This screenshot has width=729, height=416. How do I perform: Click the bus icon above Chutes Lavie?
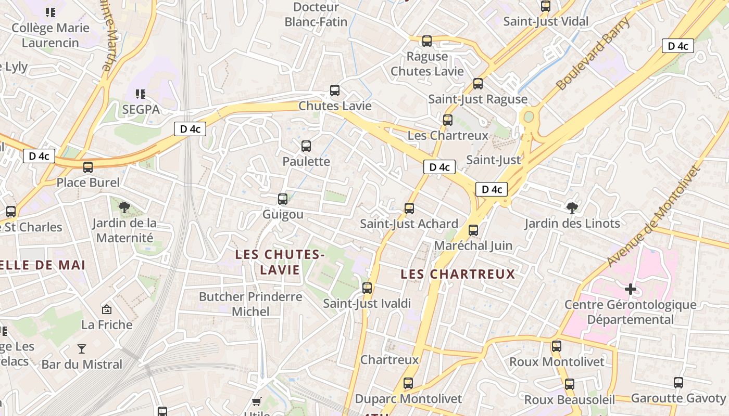335,90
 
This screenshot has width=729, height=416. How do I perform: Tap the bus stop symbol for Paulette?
306,146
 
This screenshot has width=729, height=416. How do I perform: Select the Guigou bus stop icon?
283,199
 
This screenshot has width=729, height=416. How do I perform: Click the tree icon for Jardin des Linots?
572,208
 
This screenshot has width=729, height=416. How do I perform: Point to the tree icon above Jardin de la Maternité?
124,208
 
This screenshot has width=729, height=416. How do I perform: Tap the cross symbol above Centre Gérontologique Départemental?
631,289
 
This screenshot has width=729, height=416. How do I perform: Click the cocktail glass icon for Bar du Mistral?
82,348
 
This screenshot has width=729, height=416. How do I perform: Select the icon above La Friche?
107,309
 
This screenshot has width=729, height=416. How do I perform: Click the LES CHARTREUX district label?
458,274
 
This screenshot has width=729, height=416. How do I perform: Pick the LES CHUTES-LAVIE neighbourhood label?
280,262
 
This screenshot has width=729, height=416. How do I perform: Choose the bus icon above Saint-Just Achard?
409,209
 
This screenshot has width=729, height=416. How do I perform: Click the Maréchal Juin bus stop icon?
473,230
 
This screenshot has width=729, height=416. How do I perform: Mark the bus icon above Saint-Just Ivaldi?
367,288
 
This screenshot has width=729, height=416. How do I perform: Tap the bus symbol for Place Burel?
88,167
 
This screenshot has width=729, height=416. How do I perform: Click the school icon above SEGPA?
140,94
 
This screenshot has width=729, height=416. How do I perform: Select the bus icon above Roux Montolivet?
557,346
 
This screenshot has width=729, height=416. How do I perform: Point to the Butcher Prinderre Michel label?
250,304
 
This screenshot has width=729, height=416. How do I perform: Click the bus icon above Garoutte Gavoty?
678,383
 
